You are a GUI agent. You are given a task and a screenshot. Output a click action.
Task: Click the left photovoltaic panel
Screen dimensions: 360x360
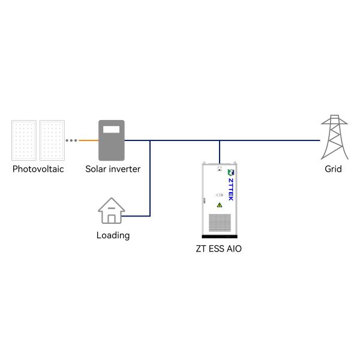tap(24, 140)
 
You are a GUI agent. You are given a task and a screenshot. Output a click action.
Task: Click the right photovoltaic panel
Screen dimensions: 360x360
tap(52, 140)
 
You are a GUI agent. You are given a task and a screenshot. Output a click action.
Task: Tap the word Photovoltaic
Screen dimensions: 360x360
tap(38, 169)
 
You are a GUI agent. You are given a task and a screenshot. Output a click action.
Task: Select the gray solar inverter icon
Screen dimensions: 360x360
tap(112, 140)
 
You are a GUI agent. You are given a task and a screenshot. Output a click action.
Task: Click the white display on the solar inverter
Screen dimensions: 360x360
tap(112, 129)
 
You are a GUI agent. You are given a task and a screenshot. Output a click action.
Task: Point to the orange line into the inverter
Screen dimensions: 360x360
tap(89, 140)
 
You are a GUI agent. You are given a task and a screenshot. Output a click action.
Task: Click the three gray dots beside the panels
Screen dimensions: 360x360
tap(71, 140)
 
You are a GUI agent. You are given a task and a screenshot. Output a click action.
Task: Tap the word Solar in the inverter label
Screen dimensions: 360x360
tap(95, 169)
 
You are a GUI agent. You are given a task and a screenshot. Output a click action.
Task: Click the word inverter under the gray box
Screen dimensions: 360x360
tap(124, 169)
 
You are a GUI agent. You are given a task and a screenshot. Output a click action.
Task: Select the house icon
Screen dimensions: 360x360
tap(112, 211)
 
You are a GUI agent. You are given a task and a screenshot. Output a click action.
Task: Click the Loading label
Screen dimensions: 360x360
tap(113, 235)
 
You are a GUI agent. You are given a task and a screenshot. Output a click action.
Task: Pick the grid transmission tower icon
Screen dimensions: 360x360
tap(334, 137)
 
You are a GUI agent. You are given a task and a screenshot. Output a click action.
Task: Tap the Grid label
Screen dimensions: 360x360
tap(333, 169)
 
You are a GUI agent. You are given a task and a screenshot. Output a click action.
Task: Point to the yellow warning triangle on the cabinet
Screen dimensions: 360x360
tap(220, 205)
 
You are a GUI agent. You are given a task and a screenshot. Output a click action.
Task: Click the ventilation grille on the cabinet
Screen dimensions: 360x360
tap(220, 223)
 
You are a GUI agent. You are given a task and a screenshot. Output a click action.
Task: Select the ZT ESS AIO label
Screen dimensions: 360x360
tap(219, 248)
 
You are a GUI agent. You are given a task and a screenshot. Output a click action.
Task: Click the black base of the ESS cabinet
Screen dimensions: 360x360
tap(220, 236)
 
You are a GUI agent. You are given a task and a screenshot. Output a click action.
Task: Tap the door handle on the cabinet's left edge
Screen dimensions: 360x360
tap(204, 200)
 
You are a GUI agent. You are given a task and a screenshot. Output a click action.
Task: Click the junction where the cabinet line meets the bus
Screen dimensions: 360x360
tap(220, 140)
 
